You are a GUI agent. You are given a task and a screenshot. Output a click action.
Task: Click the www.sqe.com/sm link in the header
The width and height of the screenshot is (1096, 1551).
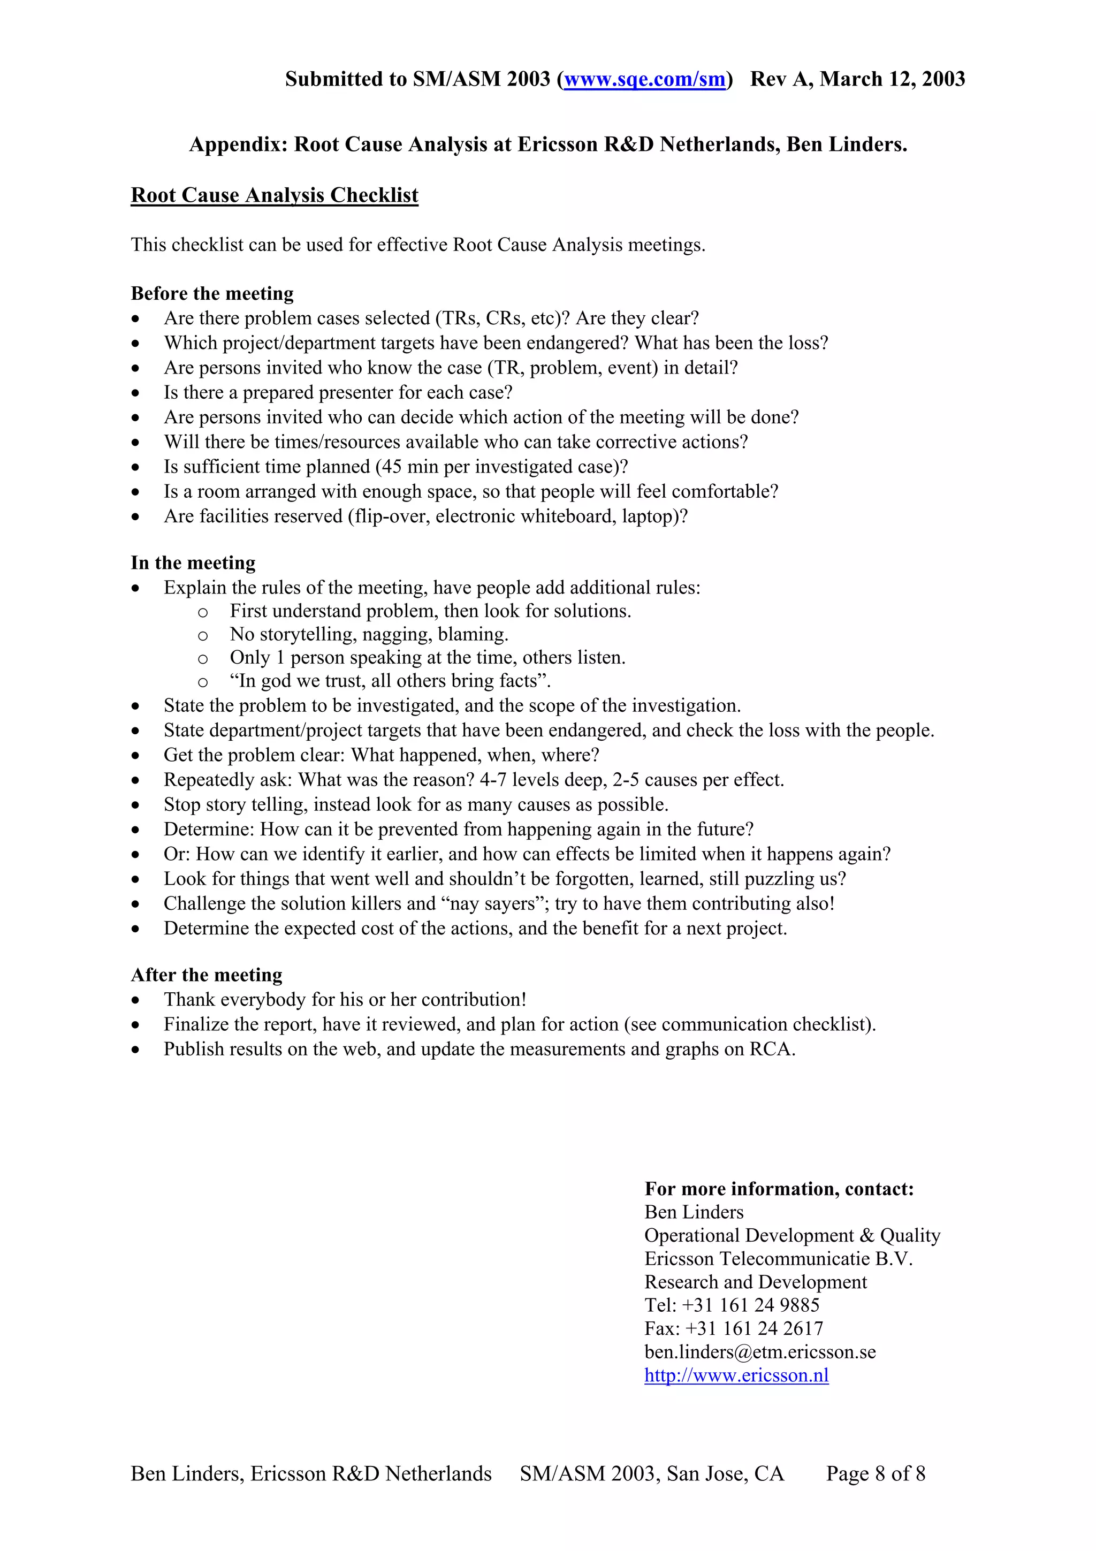644,79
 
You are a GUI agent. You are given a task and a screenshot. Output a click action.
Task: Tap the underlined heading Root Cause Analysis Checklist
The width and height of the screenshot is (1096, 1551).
274,195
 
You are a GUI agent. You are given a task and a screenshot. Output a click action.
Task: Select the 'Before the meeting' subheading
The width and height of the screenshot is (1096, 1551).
212,293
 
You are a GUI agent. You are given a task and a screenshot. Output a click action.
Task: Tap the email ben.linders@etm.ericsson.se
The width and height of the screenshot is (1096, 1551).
760,1352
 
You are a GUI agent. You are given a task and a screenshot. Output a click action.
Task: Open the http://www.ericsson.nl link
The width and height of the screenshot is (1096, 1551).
736,1375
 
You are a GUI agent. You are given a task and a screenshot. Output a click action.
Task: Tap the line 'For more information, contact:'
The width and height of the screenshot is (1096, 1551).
779,1188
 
